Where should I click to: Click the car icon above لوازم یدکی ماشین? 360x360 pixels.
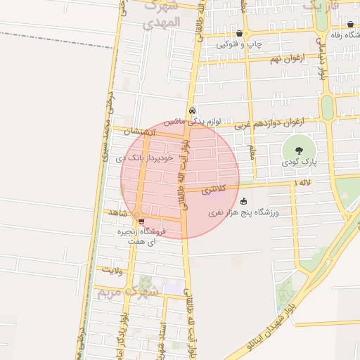click(192, 110)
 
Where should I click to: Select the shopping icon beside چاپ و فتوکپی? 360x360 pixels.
click(240, 33)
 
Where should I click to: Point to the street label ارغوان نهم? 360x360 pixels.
click(288, 58)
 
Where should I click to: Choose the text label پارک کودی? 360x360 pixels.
click(302, 162)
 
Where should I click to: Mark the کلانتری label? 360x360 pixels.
click(214, 190)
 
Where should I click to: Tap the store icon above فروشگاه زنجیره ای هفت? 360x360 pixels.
click(142, 221)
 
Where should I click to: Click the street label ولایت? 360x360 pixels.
click(112, 269)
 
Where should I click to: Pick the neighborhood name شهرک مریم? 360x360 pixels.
click(124, 291)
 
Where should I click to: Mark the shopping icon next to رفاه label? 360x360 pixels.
click(350, 25)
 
